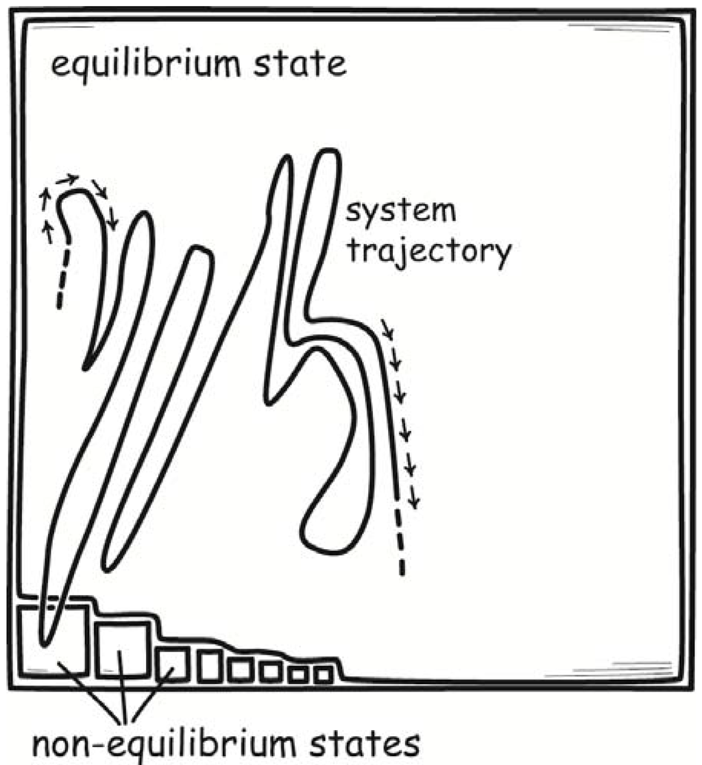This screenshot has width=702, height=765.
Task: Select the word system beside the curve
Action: coord(400,210)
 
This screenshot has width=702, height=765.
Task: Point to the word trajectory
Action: coord(428,252)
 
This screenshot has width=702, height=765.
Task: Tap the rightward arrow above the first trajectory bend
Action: coord(67,180)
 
